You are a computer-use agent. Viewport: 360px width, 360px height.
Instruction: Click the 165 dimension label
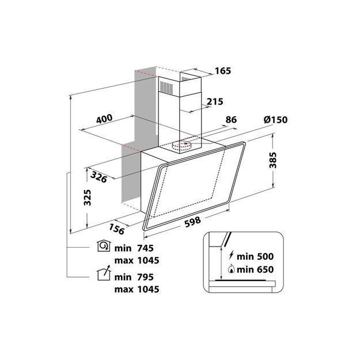(x=222, y=71)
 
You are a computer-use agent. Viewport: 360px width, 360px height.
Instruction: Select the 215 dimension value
(x=214, y=102)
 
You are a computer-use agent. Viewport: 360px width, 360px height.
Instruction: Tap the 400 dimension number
(x=104, y=120)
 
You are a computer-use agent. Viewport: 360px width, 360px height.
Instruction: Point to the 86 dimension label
(x=231, y=120)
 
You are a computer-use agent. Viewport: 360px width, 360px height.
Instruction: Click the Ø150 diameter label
(x=275, y=120)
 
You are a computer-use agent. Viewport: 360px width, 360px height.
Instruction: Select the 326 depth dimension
(x=99, y=178)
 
